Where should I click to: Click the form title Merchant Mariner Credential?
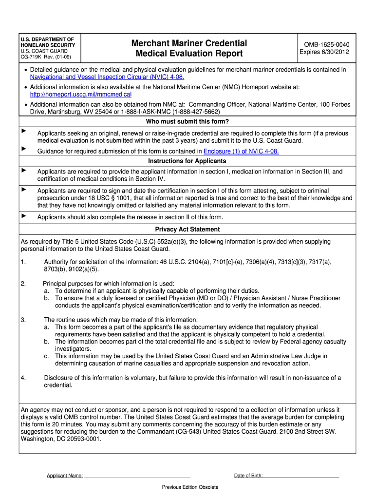click(x=189, y=43)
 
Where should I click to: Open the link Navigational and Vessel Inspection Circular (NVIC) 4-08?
click(x=107, y=77)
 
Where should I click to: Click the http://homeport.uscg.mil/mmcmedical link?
click(x=81, y=94)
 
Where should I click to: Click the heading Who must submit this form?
click(x=187, y=122)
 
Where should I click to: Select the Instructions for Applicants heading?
click(x=187, y=161)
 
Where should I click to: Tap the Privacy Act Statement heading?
click(x=187, y=229)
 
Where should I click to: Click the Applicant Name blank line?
click(x=137, y=475)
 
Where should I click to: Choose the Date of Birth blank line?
click(x=301, y=475)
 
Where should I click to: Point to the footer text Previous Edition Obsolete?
click(x=190, y=487)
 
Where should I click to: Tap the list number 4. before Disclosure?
click(x=23, y=378)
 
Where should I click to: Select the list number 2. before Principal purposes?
click(x=23, y=284)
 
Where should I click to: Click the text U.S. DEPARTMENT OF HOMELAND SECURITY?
click(x=47, y=42)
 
